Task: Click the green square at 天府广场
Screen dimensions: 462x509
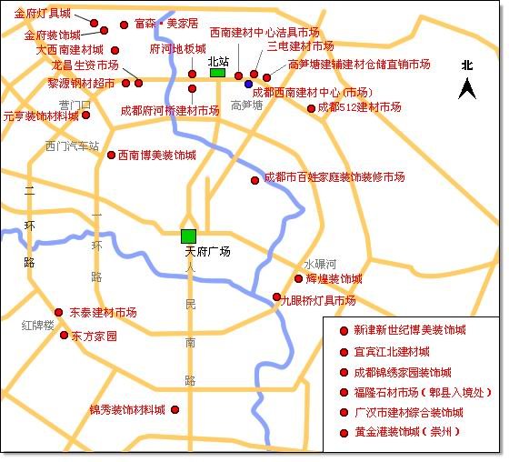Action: [188, 236]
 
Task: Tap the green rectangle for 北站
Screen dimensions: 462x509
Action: [217, 74]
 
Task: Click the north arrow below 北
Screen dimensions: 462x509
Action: [467, 88]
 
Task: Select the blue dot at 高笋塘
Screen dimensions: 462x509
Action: [248, 85]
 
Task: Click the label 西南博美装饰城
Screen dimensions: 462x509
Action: [156, 156]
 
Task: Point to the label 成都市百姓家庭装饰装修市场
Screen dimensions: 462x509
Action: [334, 177]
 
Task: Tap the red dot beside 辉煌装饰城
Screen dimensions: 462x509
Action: [298, 279]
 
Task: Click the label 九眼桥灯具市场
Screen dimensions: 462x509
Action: [317, 301]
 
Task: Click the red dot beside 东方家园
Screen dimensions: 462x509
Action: [64, 336]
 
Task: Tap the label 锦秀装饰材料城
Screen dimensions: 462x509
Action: [127, 410]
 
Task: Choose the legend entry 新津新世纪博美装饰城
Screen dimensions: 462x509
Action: [409, 332]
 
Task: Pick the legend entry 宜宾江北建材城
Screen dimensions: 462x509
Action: [392, 352]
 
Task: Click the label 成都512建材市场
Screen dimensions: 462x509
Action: [359, 107]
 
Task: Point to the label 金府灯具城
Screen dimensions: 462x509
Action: [44, 13]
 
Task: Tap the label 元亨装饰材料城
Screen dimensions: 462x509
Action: [40, 116]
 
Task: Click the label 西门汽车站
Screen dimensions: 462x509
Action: [72, 146]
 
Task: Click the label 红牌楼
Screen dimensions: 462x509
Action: [38, 325]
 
